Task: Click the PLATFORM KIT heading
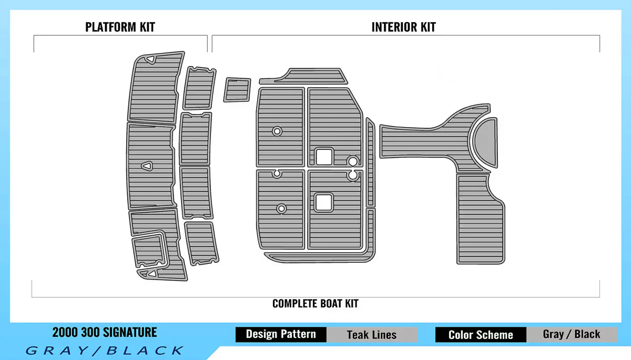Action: [120, 27]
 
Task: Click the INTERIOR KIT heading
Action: [403, 27]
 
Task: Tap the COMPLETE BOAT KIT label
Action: [315, 303]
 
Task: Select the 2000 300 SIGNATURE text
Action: [104, 332]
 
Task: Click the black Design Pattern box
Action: [281, 334]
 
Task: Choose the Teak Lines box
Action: [372, 334]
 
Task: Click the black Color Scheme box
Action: [481, 334]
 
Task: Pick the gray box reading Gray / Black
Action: [571, 334]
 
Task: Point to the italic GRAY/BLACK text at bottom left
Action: [104, 350]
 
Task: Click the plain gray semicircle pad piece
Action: [486, 141]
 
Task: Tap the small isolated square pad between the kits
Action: [237, 89]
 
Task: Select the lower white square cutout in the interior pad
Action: [323, 201]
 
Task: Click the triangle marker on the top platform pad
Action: [150, 59]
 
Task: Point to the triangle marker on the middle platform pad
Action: [147, 166]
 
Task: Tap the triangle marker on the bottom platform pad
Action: [151, 273]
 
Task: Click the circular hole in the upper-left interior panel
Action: [277, 131]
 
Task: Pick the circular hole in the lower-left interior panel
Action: [281, 209]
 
